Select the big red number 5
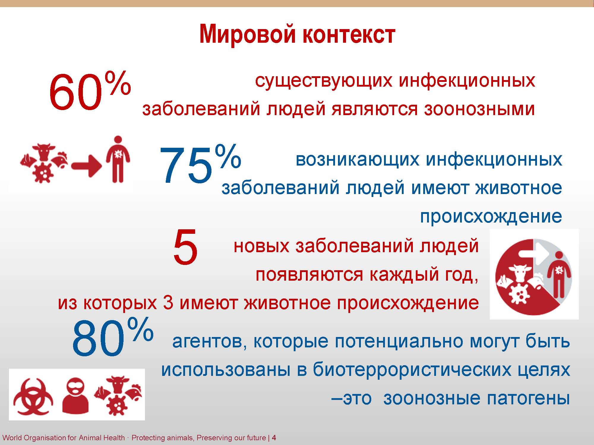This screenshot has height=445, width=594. point(185,247)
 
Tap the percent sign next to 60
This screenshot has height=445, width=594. point(118,83)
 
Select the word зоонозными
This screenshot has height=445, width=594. point(479,109)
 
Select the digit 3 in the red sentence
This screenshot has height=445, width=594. point(168,303)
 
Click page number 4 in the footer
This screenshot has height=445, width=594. point(274,438)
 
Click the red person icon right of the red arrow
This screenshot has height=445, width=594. point(118,159)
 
